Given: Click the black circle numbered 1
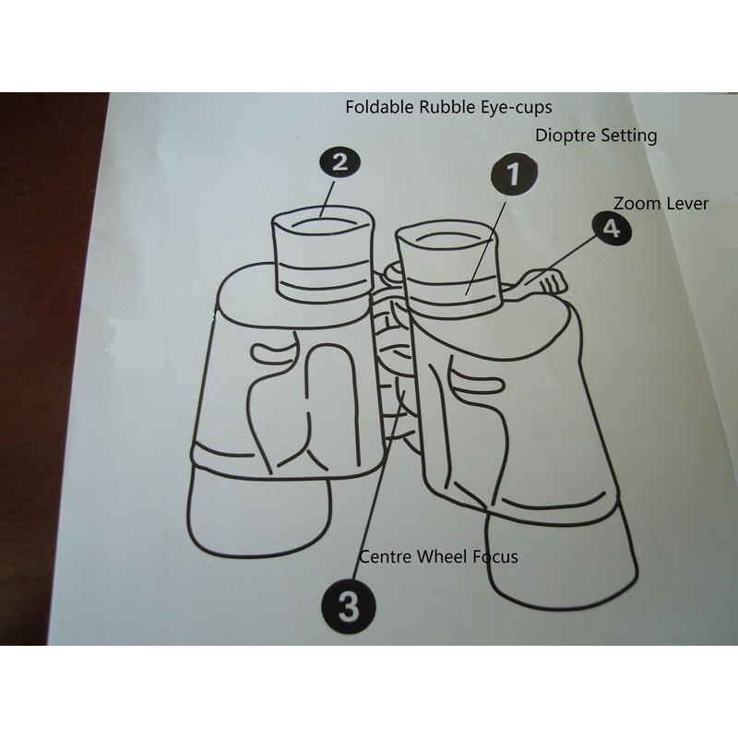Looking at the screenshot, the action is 512,175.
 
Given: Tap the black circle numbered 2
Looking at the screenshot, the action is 339,164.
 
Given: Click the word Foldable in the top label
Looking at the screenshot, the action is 375,106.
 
